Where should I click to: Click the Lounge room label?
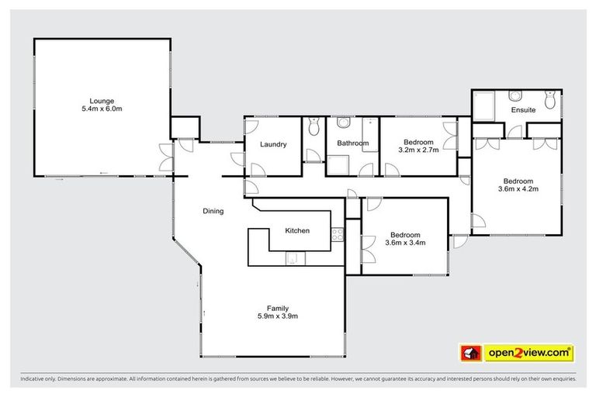point(102,101)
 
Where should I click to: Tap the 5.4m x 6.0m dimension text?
point(102,109)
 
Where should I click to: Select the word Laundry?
point(273,144)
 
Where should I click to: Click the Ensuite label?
point(523,110)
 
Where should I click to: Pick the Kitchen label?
point(297,231)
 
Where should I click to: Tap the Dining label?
point(213,211)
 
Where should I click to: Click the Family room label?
point(278,307)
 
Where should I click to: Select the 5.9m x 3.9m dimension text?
point(278,316)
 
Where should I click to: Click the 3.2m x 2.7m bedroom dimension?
point(419,150)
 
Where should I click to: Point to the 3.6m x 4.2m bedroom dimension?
point(518,188)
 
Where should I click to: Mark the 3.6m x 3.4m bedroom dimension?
point(405,243)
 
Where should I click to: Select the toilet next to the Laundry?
point(314,126)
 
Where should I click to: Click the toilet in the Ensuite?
point(550,99)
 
